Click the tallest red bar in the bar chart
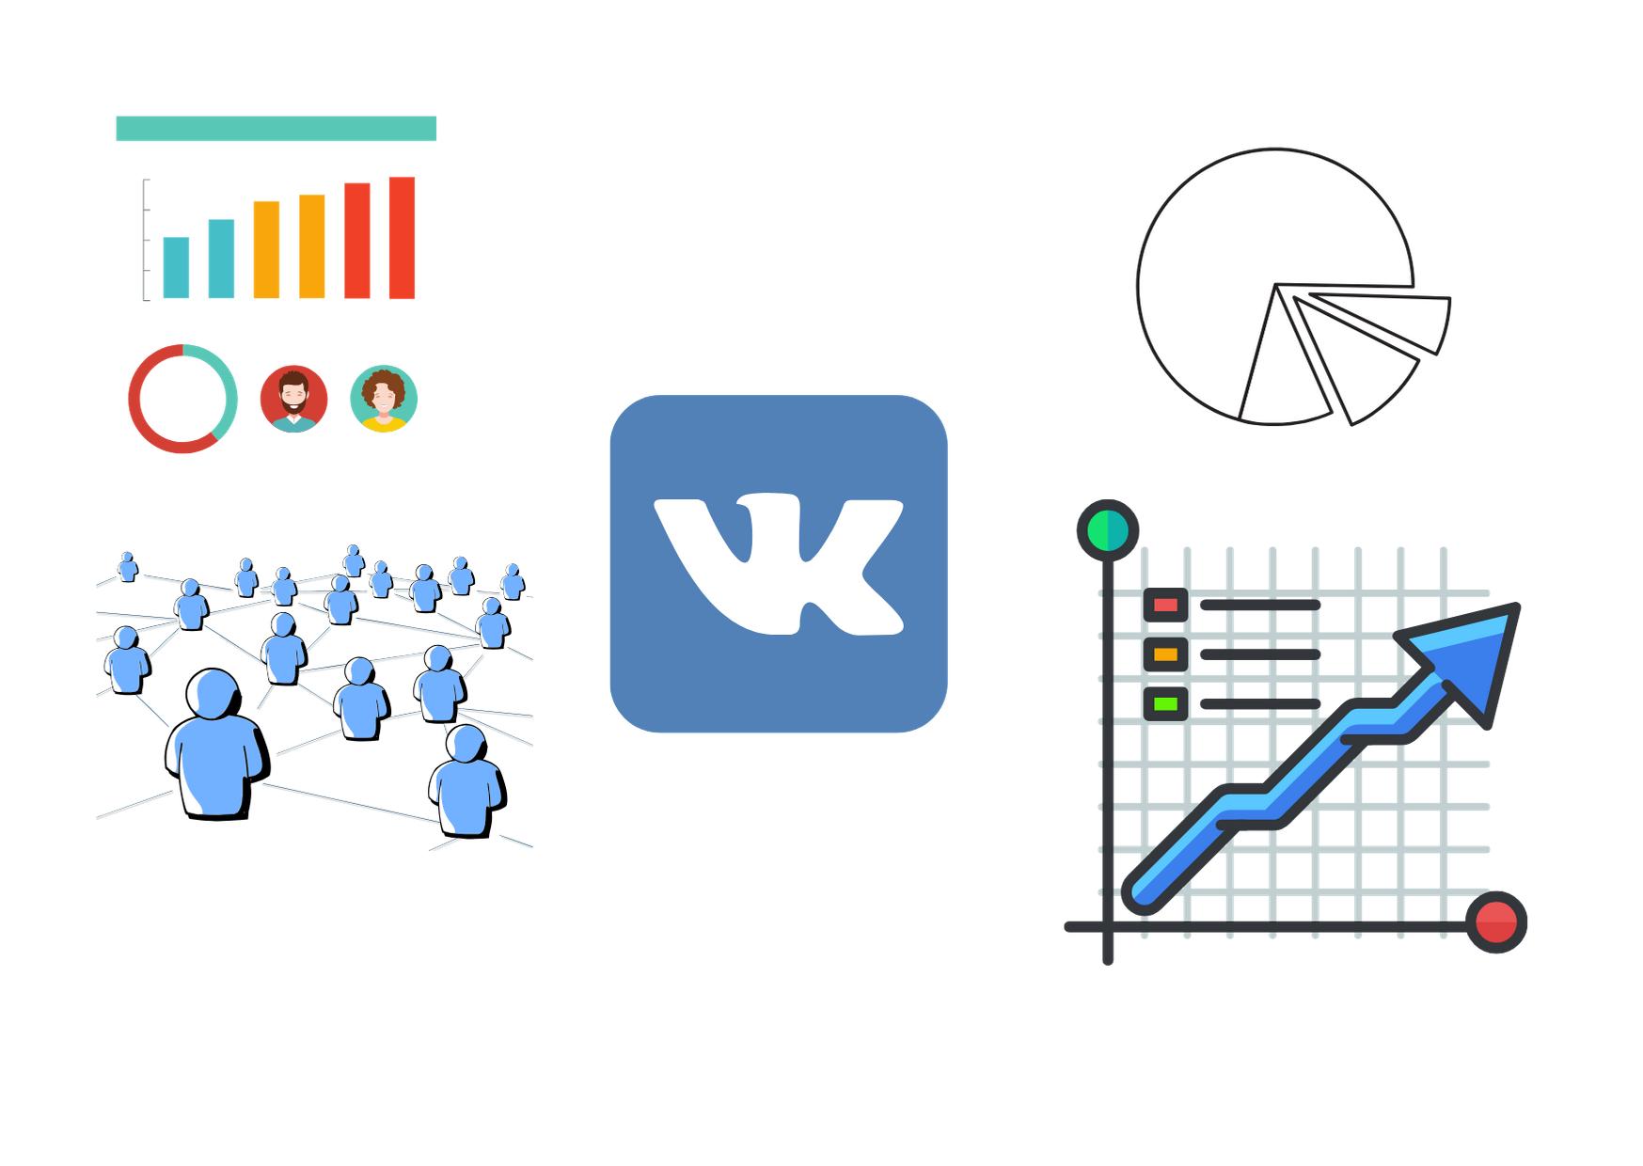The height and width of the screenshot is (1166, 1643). [x=402, y=238]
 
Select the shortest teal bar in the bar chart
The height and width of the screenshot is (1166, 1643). [x=176, y=267]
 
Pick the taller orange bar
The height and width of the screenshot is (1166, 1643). [x=311, y=245]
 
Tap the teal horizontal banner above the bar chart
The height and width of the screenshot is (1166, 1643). [x=276, y=129]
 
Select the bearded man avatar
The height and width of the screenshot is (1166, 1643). [x=293, y=398]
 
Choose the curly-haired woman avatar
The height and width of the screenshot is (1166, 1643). [x=383, y=398]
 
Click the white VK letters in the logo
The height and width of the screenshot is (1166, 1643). [x=779, y=564]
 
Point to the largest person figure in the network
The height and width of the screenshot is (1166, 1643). [x=213, y=743]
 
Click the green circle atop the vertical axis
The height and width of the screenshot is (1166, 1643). [x=1107, y=530]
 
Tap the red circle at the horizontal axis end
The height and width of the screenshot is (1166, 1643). [x=1495, y=922]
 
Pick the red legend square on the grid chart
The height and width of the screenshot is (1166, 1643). [x=1165, y=605]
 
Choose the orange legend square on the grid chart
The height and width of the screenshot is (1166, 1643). [x=1165, y=654]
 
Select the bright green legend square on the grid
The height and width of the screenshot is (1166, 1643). [x=1165, y=703]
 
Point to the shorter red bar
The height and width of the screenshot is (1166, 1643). [x=357, y=241]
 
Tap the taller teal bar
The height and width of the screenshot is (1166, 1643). [x=221, y=259]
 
